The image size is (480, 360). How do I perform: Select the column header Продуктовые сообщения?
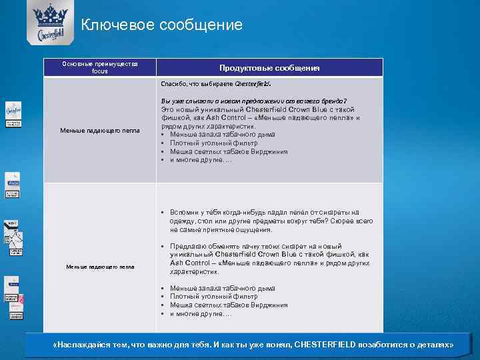[x=269, y=68]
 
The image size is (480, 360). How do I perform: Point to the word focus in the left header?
[x=99, y=71]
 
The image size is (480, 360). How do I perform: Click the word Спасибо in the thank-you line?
[x=173, y=85]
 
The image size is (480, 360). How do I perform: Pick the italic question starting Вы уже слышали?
[x=253, y=100]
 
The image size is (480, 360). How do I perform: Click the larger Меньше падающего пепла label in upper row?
[x=99, y=131]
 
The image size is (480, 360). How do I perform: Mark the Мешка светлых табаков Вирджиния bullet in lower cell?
[x=229, y=305]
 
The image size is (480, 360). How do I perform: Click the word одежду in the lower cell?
[x=183, y=221]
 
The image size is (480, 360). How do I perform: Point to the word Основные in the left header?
[x=77, y=64]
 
